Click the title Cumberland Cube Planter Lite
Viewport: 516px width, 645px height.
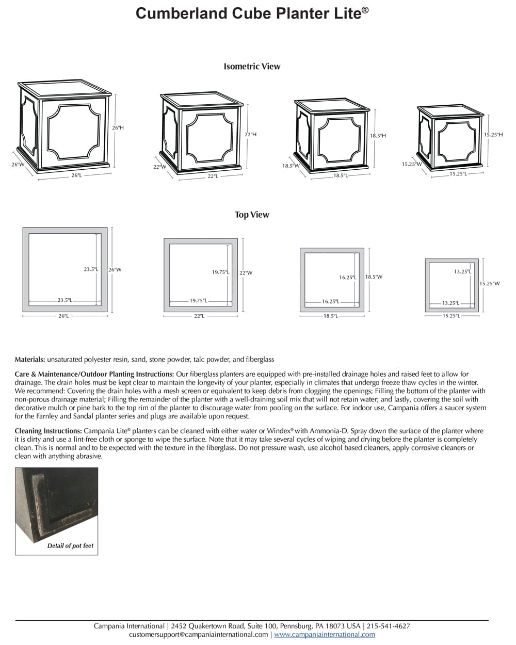252,13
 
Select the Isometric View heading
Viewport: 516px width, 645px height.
252,66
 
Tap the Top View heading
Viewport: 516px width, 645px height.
252,215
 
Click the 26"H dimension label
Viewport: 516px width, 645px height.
118,127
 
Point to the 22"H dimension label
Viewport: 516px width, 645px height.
250,134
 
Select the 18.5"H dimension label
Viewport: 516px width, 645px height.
378,135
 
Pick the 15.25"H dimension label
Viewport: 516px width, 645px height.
493,134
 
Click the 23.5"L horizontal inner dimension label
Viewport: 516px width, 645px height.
65,300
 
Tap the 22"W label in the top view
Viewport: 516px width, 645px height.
246,272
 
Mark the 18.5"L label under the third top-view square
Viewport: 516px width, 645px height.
330,315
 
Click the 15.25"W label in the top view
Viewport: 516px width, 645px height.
489,283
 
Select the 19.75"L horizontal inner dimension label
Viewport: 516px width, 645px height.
198,300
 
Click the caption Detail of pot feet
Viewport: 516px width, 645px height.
70,545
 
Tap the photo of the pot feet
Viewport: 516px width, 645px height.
56,503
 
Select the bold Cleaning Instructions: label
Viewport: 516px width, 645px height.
48,430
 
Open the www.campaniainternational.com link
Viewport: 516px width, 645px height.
325,634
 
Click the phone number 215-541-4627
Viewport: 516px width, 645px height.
388,626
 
